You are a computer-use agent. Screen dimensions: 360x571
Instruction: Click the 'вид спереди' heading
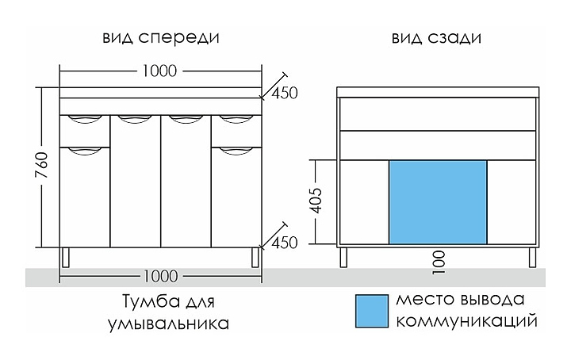[160, 38]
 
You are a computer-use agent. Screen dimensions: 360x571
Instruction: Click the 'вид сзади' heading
[436, 38]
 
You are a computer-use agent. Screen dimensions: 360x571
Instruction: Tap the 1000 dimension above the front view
[161, 71]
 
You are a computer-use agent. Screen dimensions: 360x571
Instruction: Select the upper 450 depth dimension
[284, 93]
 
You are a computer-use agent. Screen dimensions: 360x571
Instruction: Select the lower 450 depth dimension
[284, 242]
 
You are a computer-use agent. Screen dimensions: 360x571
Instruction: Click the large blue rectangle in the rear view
[438, 201]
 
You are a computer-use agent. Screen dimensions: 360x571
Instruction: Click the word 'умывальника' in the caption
[166, 324]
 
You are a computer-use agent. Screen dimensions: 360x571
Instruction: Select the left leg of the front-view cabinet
[66, 257]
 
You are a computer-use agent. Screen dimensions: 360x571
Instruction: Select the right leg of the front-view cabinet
[255, 257]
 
